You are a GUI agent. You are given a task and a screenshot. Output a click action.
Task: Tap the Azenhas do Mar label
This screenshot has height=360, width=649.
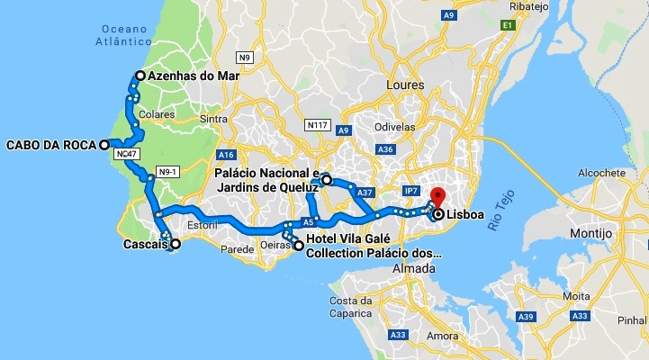tap(194, 76)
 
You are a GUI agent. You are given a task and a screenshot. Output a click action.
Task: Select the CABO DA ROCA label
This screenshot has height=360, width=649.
tap(50, 144)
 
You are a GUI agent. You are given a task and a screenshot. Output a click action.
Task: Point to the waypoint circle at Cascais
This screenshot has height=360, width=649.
tap(176, 244)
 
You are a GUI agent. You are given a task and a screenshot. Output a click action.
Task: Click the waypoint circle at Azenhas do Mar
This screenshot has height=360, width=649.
tap(140, 76)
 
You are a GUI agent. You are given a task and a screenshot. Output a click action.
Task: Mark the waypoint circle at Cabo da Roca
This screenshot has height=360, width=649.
tap(104, 144)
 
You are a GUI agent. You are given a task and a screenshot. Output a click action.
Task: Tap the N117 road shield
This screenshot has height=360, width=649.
tap(316, 125)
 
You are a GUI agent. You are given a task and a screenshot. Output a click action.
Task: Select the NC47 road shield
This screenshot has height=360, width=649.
tap(127, 155)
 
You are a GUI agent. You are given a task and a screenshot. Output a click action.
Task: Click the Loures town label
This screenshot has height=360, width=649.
tap(405, 85)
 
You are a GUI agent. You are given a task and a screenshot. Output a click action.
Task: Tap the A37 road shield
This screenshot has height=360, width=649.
tap(365, 193)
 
